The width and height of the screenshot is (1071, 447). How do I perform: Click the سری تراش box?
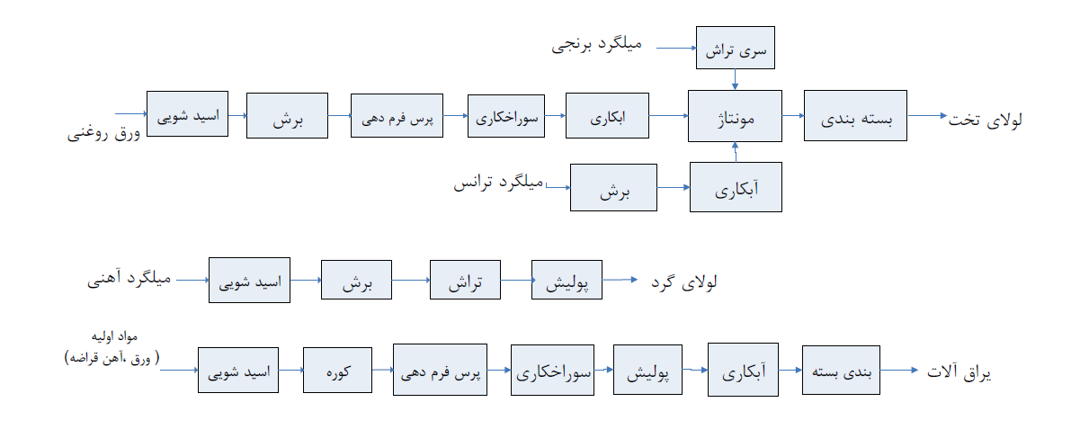pyautogui.click(x=735, y=47)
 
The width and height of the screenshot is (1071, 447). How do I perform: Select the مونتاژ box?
pyautogui.click(x=735, y=115)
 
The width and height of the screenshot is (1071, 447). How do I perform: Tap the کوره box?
pyautogui.click(x=337, y=370)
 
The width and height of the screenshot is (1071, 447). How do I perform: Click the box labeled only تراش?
pyautogui.click(x=465, y=280)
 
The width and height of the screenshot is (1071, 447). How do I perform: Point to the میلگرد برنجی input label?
pyautogui.click(x=596, y=47)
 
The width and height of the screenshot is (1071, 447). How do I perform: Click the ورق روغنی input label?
pyautogui.click(x=103, y=133)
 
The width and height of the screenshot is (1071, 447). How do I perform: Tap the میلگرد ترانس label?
pyautogui.click(x=497, y=183)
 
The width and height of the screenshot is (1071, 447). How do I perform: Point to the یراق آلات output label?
pyautogui.click(x=959, y=372)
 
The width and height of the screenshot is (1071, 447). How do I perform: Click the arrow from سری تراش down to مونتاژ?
pyautogui.click(x=735, y=79)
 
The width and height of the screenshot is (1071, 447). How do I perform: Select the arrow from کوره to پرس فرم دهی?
pyautogui.click(x=382, y=370)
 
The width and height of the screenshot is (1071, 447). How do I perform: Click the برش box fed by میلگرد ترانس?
pyautogui.click(x=613, y=187)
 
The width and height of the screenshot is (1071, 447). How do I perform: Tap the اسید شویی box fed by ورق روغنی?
pyautogui.click(x=187, y=113)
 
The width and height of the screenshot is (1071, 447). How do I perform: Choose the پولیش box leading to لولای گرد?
pyautogui.click(x=567, y=280)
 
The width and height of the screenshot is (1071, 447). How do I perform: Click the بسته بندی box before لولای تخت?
pyautogui.click(x=855, y=115)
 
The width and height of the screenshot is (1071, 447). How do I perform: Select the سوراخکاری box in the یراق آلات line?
pyautogui.click(x=552, y=370)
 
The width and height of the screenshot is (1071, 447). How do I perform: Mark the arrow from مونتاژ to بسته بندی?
pyautogui.click(x=793, y=115)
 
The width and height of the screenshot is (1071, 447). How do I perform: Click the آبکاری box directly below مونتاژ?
pyautogui.click(x=736, y=187)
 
